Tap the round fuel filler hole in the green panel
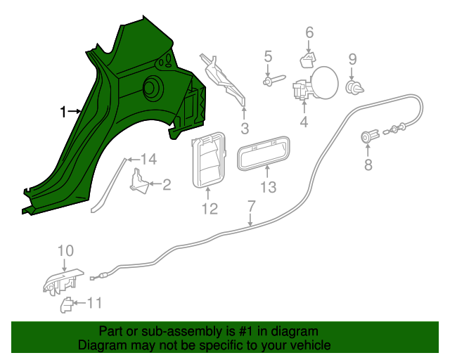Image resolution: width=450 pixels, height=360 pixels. [151, 88]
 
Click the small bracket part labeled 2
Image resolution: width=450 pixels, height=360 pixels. [140, 184]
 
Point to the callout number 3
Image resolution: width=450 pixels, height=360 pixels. [244, 128]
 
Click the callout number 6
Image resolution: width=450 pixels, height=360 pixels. [309, 32]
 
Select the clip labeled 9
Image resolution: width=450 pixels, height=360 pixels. [354, 87]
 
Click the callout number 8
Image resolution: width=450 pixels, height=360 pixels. [368, 165]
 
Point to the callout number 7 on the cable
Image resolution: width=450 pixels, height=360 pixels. [251, 206]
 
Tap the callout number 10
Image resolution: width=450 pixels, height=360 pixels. [65, 250]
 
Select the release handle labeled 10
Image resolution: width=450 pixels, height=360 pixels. [62, 281]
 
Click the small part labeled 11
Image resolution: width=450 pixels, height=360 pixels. [65, 304]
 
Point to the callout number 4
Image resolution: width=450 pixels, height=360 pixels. [304, 122]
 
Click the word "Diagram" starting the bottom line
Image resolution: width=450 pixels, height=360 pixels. [101, 345]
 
